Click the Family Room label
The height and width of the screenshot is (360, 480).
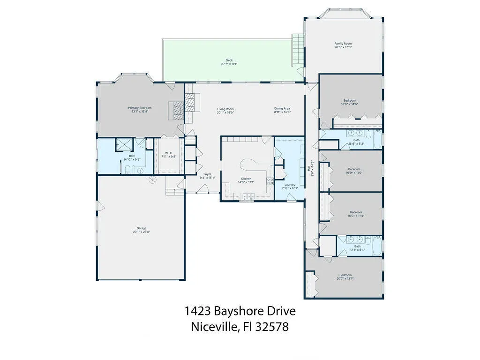tap(343, 44)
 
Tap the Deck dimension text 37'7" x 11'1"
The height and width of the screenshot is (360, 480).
tap(229, 64)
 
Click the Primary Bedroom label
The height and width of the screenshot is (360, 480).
tap(140, 108)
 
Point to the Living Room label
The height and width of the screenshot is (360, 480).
tap(225, 109)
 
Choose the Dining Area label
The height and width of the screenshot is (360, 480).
tap(282, 109)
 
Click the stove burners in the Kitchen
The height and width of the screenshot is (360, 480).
tap(270, 181)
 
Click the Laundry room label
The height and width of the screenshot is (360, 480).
tap(290, 185)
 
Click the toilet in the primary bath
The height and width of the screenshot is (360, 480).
tap(127, 169)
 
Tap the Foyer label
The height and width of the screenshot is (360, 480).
tap(207, 174)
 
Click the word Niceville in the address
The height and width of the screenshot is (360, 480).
tap(214, 327)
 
